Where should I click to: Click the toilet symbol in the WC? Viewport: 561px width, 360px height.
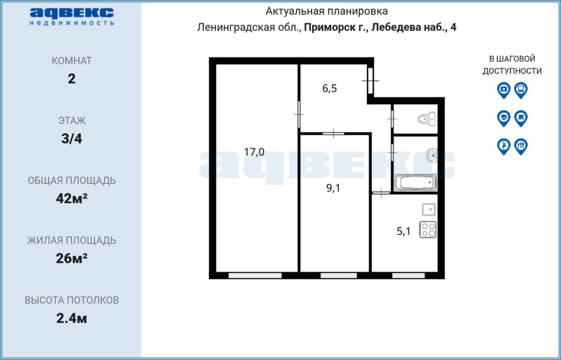pyautogui.click(x=426, y=119)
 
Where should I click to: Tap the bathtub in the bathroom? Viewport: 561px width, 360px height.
pyautogui.click(x=415, y=183)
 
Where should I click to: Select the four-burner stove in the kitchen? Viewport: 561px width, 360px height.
pyautogui.click(x=428, y=229)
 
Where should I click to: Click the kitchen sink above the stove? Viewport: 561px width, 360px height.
pyautogui.click(x=429, y=209)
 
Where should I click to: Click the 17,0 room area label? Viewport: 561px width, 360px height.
pyautogui.click(x=254, y=152)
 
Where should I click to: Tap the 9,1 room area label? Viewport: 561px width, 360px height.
pyautogui.click(x=333, y=188)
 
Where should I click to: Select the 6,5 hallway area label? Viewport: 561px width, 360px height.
pyautogui.click(x=329, y=88)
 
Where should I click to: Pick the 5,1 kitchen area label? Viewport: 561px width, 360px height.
pyautogui.click(x=404, y=231)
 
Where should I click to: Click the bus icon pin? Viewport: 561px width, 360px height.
pyautogui.click(x=521, y=90)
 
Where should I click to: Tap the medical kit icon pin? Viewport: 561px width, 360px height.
pyautogui.click(x=504, y=90)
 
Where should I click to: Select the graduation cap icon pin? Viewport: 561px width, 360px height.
pyautogui.click(x=504, y=118)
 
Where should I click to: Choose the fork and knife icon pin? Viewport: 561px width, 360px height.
pyautogui.click(x=521, y=146)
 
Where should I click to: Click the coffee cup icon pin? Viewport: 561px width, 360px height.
pyautogui.click(x=521, y=118)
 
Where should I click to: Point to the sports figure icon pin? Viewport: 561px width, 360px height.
pyautogui.click(x=504, y=146)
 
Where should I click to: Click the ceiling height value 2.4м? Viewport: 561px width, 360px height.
pyautogui.click(x=71, y=318)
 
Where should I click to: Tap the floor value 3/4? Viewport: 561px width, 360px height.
pyautogui.click(x=71, y=139)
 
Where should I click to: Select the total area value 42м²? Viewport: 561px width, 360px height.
pyautogui.click(x=71, y=198)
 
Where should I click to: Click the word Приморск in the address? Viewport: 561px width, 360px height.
pyautogui.click(x=331, y=28)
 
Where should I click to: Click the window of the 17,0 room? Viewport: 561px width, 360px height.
pyautogui.click(x=255, y=275)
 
